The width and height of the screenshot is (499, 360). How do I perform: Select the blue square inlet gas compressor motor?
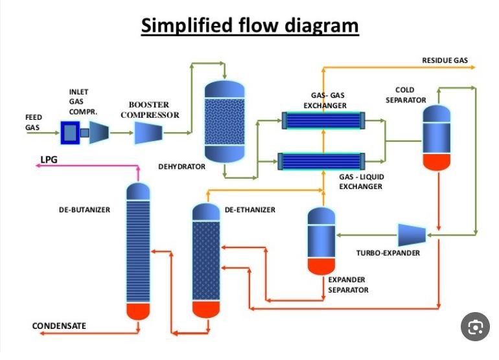click(69, 133)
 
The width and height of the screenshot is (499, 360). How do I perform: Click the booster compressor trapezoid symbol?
click(152, 133)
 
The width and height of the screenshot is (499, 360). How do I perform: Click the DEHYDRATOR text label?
click(181, 167)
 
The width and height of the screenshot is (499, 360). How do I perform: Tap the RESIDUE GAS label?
click(445, 60)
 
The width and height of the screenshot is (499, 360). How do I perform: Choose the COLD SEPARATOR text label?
click(406, 95)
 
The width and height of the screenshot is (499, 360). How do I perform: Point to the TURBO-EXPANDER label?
click(388, 253)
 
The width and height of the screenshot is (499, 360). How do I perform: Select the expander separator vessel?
click(321, 240)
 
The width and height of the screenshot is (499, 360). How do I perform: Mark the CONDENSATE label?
click(59, 326)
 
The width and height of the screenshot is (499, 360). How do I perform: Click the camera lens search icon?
click(474, 328)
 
